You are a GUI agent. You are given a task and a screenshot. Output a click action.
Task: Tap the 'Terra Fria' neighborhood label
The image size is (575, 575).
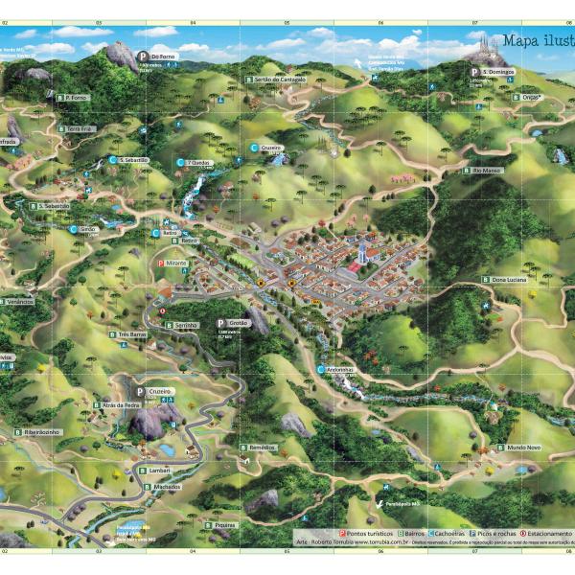(79, 128)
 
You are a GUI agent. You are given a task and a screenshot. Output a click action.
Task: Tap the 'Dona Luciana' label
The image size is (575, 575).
(510, 279)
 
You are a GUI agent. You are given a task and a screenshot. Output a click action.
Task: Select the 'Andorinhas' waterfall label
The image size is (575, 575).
(339, 369)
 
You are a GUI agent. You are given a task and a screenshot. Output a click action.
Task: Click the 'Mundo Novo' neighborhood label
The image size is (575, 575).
(523, 448)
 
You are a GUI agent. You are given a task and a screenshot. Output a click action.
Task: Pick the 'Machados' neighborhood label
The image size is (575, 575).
(164, 487)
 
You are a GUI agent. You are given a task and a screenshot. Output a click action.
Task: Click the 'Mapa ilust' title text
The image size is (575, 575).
(537, 40)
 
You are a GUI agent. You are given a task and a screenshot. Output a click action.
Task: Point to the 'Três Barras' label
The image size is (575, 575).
(130, 334)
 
